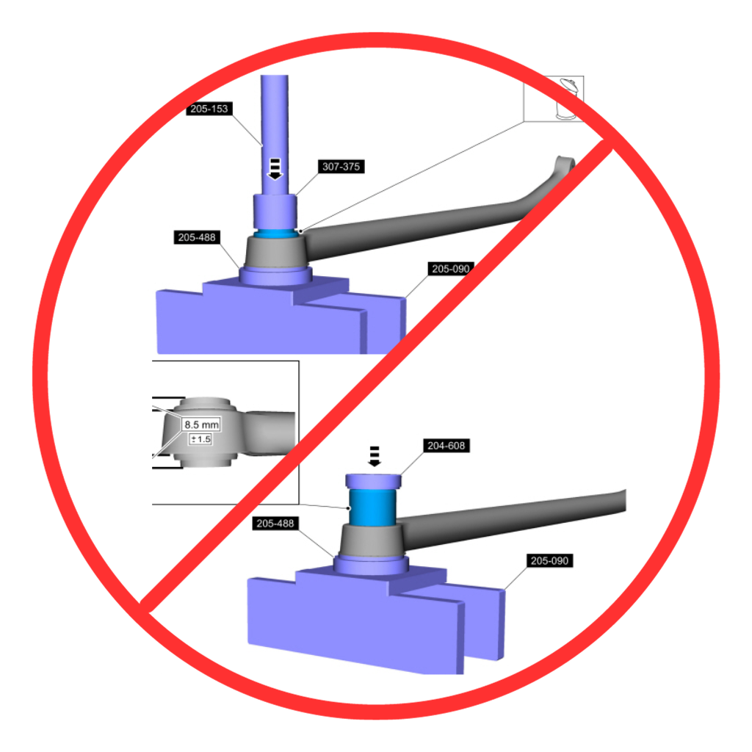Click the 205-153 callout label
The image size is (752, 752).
[209, 109]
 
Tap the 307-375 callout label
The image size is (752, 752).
[341, 167]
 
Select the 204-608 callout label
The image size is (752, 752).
[446, 446]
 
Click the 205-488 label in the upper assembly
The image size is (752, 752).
[197, 237]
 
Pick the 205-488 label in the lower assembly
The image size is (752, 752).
[275, 523]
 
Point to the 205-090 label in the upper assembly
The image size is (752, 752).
[450, 269]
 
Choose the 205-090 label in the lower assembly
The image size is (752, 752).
[549, 560]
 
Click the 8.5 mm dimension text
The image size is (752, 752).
[201, 424]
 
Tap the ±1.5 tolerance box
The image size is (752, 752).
[200, 439]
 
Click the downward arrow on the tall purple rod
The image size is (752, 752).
[275, 169]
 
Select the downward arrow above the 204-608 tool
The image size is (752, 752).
[374, 456]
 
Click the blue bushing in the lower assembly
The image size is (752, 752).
[372, 507]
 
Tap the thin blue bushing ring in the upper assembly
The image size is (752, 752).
[275, 234]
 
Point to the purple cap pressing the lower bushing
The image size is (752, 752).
[374, 481]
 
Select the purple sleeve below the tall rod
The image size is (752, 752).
[275, 211]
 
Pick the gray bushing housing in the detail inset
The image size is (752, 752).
[204, 432]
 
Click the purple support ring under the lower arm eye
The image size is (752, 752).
[371, 565]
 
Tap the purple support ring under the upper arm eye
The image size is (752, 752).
[276, 276]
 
